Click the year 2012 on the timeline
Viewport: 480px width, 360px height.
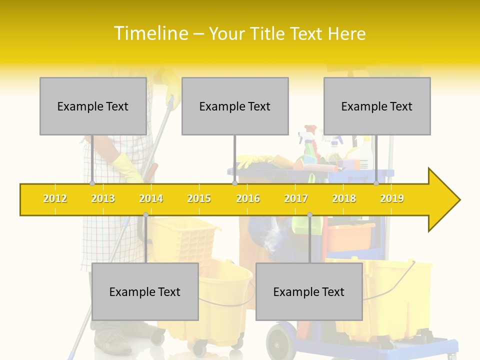pyautogui.click(x=55, y=198)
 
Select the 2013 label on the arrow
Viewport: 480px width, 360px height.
pyautogui.click(x=103, y=198)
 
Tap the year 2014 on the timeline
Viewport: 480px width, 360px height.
pyautogui.click(x=151, y=198)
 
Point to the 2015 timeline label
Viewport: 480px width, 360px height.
pyautogui.click(x=199, y=198)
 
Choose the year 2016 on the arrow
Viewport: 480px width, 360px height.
pyautogui.click(x=248, y=198)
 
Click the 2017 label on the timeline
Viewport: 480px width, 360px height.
pyautogui.click(x=296, y=198)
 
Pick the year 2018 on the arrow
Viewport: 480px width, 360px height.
pyautogui.click(x=344, y=198)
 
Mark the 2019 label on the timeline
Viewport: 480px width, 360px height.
pyautogui.click(x=392, y=198)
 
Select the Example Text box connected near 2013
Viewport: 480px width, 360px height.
pyautogui.click(x=93, y=106)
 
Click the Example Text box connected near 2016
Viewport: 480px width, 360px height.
pyautogui.click(x=235, y=106)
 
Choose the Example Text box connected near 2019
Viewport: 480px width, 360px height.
pyautogui.click(x=377, y=106)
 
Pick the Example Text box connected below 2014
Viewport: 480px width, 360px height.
pyautogui.click(x=145, y=291)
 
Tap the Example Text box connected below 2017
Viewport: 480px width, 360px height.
pyautogui.click(x=309, y=291)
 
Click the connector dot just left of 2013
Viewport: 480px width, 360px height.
pyautogui.click(x=92, y=183)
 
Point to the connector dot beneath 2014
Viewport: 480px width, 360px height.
pyautogui.click(x=145, y=215)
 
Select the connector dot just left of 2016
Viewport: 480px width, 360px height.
pyautogui.click(x=234, y=183)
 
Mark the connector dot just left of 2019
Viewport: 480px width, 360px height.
pyautogui.click(x=376, y=183)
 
